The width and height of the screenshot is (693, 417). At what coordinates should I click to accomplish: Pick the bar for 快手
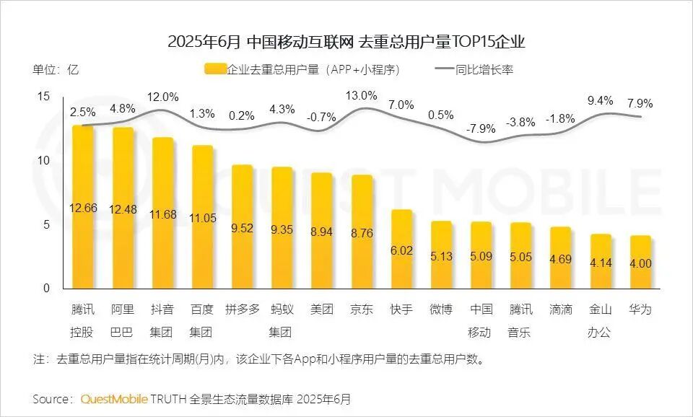(401, 249)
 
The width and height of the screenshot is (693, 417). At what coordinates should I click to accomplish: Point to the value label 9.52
(242, 228)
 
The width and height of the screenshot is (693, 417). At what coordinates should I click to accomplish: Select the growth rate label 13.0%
(362, 95)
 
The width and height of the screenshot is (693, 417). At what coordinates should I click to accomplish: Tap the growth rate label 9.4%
(600, 100)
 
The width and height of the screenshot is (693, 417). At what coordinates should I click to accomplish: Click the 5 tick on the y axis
(46, 224)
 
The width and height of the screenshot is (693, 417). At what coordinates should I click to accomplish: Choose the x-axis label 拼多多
(242, 310)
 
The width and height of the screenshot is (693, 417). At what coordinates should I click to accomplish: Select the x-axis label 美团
(322, 310)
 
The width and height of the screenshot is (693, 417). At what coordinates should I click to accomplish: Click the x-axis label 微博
(441, 310)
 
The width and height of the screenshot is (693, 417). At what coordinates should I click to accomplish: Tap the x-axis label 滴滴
(560, 310)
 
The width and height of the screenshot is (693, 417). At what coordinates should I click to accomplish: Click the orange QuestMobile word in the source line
(114, 398)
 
